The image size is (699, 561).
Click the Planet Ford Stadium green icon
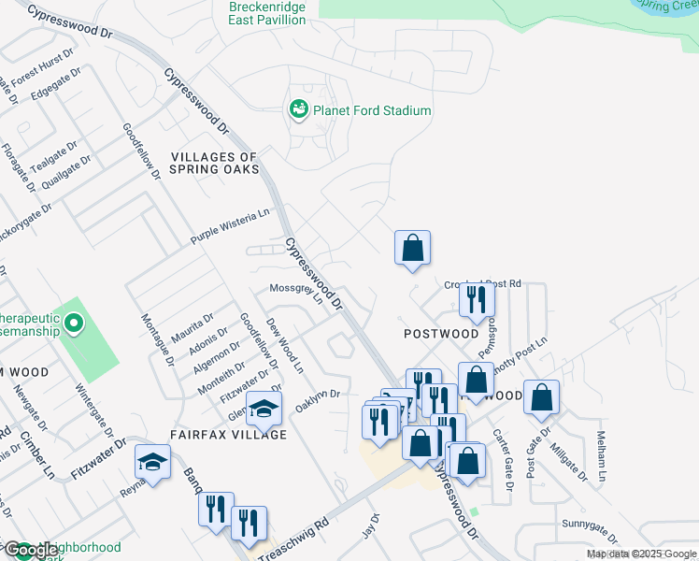click(299, 110)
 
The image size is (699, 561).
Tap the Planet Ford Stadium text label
click(372, 110)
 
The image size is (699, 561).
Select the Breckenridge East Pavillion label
click(267, 13)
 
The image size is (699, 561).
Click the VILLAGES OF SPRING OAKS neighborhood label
click(213, 164)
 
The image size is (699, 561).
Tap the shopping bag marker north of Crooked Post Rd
click(412, 249)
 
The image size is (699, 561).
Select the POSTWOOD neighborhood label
click(440, 334)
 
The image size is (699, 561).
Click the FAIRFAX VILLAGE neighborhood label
click(228, 435)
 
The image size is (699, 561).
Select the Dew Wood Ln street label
click(285, 346)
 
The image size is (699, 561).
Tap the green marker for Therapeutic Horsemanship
click(75, 325)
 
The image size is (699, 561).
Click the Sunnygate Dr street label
click(590, 531)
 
